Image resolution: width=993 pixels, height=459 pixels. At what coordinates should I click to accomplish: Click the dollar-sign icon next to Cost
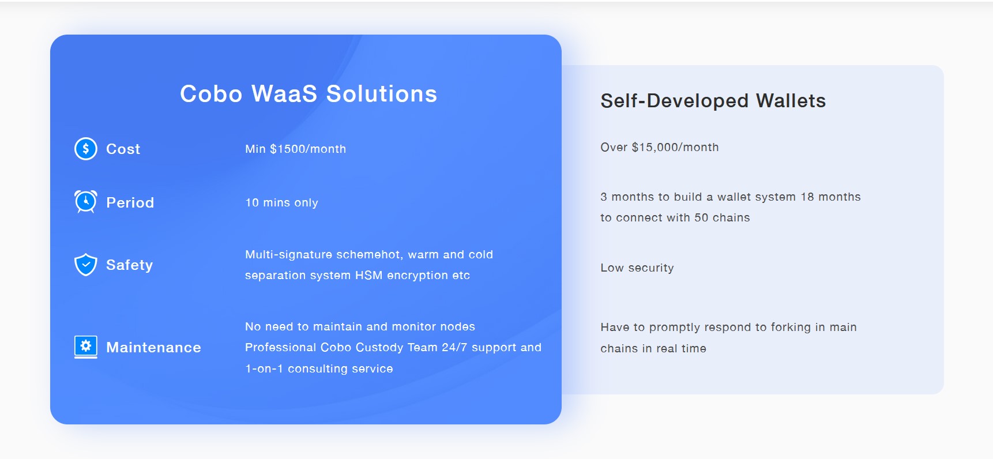point(86,149)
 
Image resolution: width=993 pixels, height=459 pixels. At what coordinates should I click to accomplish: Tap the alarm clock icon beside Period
point(86,202)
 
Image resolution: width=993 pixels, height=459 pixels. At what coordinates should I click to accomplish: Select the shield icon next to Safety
point(86,265)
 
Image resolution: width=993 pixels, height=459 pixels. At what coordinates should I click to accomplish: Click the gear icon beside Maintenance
point(86,347)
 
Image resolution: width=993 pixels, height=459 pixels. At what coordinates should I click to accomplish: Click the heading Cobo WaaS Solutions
point(309,94)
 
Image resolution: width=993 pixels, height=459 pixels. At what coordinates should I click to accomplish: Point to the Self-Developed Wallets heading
point(713,101)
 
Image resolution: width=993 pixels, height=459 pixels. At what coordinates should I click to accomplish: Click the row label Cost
point(123,149)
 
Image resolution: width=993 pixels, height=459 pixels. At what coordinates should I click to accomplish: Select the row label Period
point(130,202)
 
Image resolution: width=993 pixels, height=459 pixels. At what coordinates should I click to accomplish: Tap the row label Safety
point(130,265)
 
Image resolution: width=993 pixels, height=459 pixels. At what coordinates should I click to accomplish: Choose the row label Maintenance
point(154,347)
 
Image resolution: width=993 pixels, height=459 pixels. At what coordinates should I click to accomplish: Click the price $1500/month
point(308,149)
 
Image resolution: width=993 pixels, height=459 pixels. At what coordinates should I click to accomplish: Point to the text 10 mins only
point(282,203)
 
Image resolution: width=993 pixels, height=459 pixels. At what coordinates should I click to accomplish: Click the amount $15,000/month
point(675,147)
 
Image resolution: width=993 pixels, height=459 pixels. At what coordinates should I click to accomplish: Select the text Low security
point(637,268)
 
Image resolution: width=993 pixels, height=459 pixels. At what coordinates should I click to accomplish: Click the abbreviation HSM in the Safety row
point(369,276)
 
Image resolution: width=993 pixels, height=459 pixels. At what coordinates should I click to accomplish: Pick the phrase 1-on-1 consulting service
point(319,369)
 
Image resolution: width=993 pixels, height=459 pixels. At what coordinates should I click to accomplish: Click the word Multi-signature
point(289,255)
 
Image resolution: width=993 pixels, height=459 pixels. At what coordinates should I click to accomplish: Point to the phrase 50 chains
point(722,218)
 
